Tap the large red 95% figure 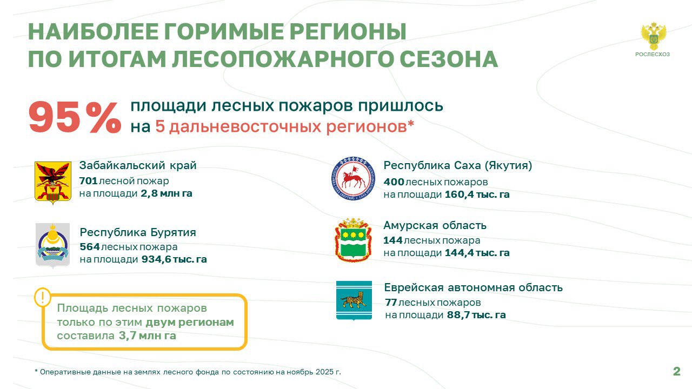point(75,118)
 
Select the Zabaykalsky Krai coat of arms point(53,183)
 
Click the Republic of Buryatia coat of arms point(52,245)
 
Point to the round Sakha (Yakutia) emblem point(354,178)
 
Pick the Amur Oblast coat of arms point(353,239)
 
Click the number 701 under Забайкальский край point(88,180)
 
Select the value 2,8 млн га point(167,193)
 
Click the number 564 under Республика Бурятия point(90,247)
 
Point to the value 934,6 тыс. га point(174,259)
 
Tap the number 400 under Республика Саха point(394,182)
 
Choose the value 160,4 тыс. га point(477,194)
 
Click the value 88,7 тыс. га point(476,315)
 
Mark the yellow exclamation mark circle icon point(43,297)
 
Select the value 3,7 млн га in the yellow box point(148,336)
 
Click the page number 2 point(676,371)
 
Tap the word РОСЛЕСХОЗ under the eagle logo point(653,55)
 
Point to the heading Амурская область point(435,226)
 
